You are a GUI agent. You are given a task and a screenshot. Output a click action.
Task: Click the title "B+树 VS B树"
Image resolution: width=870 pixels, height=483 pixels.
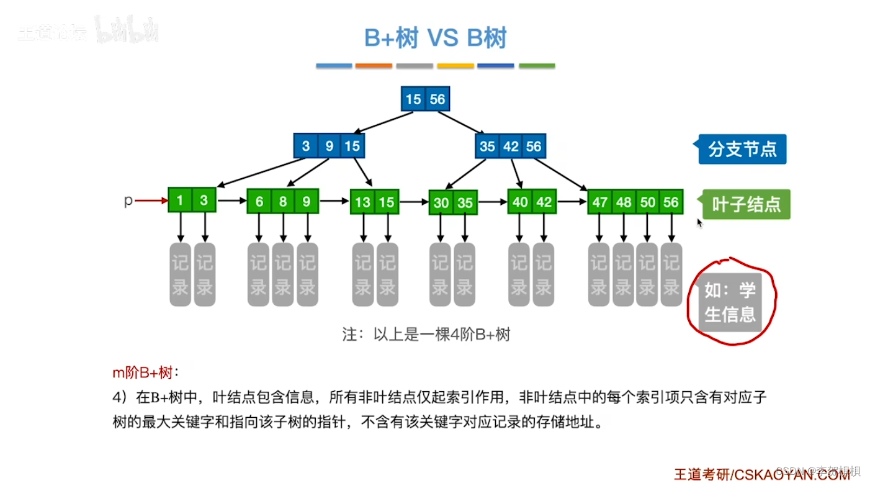(435, 38)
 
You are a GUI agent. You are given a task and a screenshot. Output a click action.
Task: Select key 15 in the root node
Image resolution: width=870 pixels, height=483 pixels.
(413, 99)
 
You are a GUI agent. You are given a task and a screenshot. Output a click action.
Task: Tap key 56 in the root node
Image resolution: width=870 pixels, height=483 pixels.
(437, 99)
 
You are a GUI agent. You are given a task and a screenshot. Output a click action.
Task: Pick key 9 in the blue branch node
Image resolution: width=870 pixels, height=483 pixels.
(329, 147)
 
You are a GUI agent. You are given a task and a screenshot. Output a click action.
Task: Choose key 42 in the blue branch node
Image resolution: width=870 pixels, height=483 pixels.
(511, 147)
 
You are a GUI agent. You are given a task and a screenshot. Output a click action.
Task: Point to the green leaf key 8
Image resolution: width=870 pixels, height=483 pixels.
(283, 202)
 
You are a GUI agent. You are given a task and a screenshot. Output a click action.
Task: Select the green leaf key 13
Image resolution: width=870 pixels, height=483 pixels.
(363, 202)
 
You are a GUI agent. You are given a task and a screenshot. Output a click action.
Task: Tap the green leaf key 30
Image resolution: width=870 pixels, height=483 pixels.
(441, 202)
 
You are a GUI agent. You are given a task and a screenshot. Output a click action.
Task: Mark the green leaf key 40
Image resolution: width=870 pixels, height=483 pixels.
(520, 202)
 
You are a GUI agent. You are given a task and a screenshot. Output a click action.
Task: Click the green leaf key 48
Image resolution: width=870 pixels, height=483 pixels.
(624, 202)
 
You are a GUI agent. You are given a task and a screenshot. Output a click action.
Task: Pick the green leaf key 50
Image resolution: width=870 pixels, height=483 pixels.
(647, 202)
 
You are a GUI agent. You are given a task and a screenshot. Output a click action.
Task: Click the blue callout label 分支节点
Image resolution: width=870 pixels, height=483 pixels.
(742, 150)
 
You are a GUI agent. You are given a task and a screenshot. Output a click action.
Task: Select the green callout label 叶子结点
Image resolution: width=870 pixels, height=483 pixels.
(747, 204)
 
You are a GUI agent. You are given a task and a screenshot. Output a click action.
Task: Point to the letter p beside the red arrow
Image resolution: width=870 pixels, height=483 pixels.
(128, 201)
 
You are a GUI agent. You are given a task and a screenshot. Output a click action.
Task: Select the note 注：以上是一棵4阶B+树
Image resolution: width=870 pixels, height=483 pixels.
(426, 335)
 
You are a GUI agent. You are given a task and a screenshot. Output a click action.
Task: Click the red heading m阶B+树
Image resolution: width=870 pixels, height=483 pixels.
(142, 372)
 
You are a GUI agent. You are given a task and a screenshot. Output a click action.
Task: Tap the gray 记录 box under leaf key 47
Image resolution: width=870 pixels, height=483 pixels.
(599, 274)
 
